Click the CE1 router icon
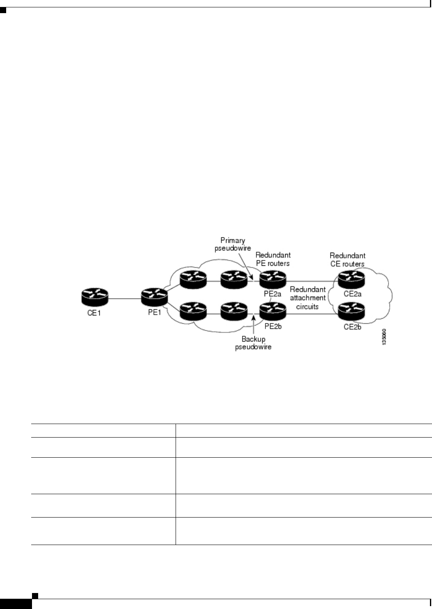click(x=95, y=297)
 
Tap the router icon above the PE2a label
click(x=272, y=280)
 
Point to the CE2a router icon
click(x=351, y=280)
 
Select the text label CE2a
click(x=352, y=294)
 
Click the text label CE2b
click(x=352, y=327)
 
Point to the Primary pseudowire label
click(x=233, y=244)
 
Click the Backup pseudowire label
click(x=254, y=343)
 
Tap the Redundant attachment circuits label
click(x=308, y=298)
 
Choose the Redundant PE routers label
click(x=273, y=259)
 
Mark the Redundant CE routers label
click(x=347, y=260)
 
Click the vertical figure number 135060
click(x=384, y=337)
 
